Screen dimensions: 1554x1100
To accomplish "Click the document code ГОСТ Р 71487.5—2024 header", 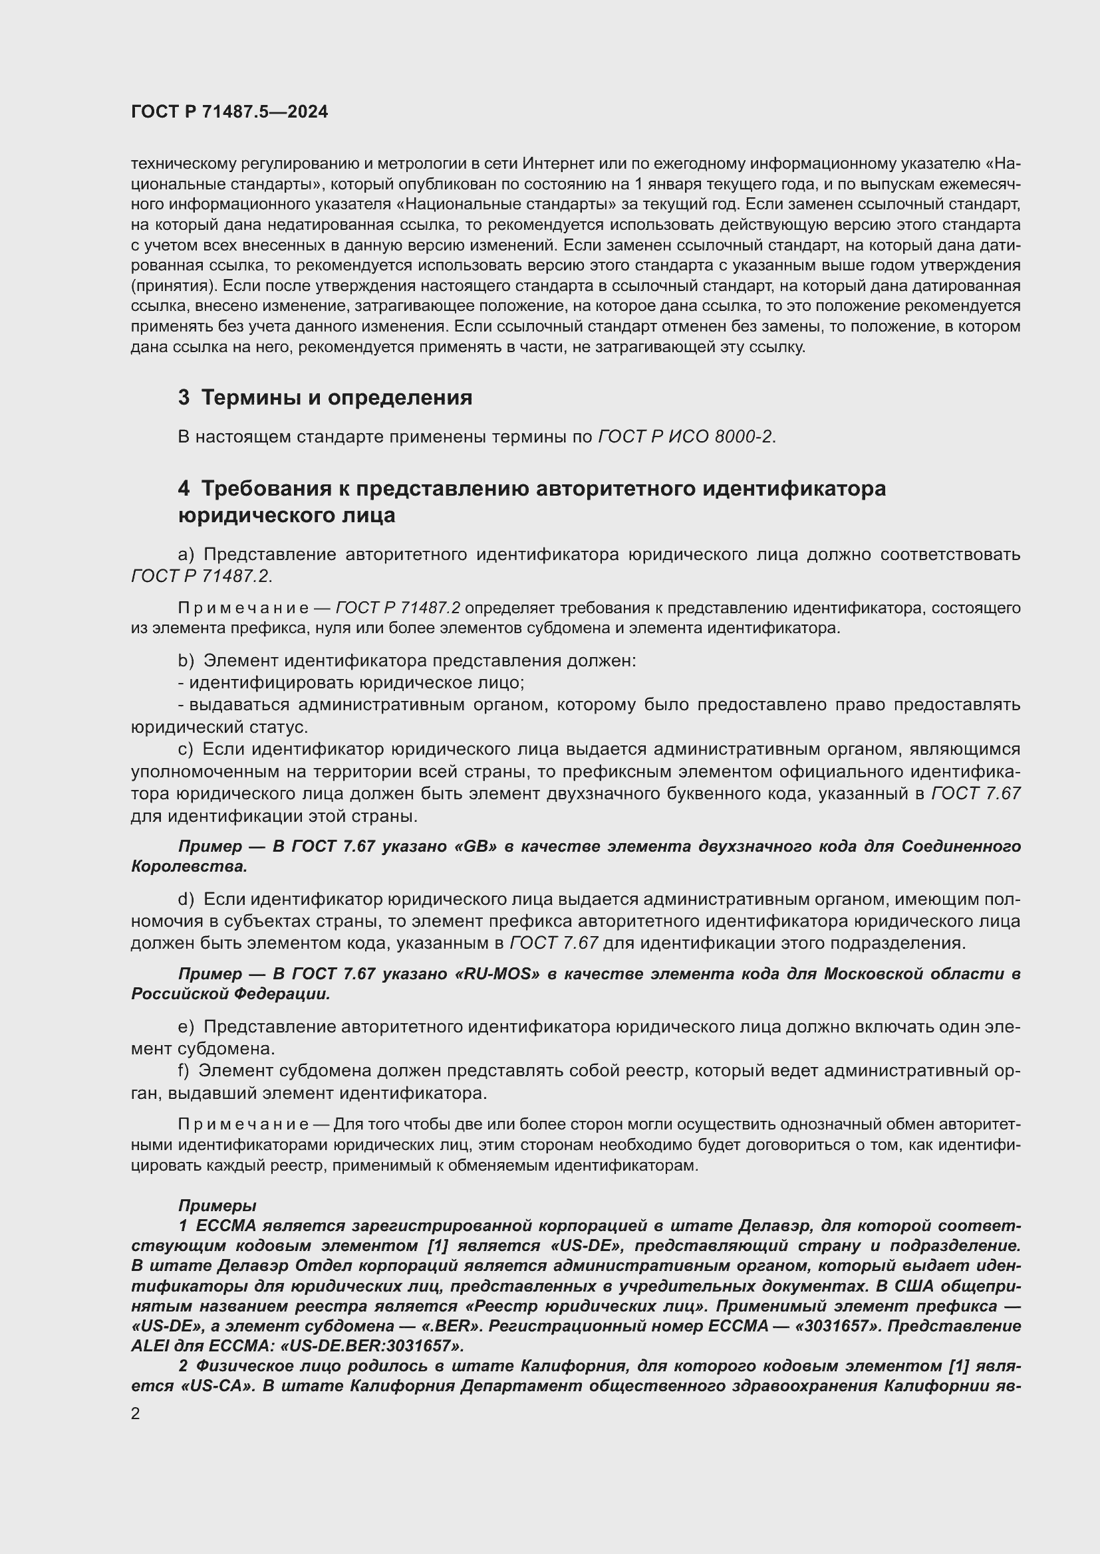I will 229,112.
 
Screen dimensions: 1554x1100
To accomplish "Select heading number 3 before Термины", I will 184,397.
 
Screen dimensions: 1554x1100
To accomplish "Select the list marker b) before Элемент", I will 186,660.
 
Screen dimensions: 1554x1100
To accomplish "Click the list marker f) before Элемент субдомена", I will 184,1071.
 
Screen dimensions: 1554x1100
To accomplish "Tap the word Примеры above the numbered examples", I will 217,1205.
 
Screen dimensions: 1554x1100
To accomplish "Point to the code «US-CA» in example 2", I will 215,1385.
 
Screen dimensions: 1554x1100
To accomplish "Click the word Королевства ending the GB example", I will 189,867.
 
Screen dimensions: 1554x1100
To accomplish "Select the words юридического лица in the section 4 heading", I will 287,515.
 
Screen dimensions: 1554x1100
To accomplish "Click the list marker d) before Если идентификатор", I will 186,900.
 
